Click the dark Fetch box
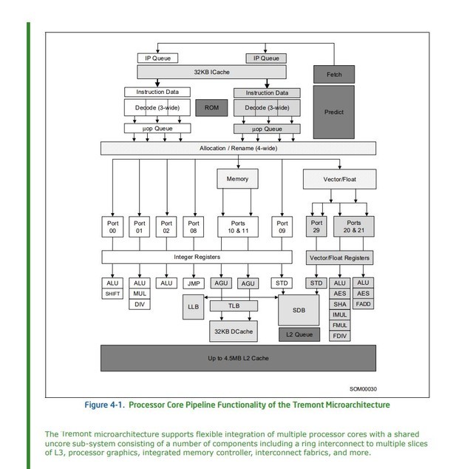[x=334, y=75]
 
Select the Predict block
[x=334, y=112]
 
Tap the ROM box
[x=211, y=107]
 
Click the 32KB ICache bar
[x=211, y=72]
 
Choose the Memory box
[x=237, y=179]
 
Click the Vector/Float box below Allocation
[x=339, y=179]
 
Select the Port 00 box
[x=112, y=227]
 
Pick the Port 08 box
[x=194, y=227]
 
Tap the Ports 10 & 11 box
[x=237, y=227]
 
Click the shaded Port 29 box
[x=317, y=227]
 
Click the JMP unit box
[x=194, y=283]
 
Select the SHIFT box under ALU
[x=112, y=294]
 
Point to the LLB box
[x=194, y=306]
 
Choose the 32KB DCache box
[x=233, y=331]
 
